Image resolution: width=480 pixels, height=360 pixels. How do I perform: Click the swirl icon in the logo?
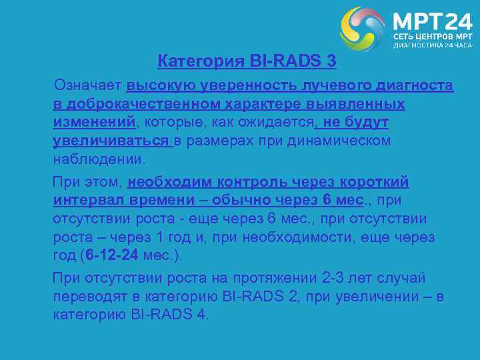363,29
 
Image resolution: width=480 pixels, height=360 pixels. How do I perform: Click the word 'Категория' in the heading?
191,62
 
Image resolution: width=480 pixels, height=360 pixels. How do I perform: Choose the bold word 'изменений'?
94,123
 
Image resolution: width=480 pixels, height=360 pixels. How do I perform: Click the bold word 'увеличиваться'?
111,142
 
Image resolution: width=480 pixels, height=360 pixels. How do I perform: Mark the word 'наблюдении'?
97,161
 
